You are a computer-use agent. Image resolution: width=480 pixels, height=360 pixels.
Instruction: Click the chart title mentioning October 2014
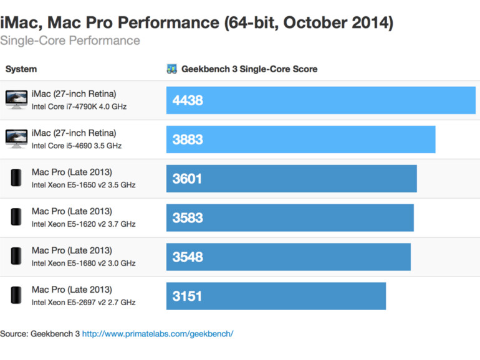point(196,23)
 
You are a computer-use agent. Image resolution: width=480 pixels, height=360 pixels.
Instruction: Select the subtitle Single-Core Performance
point(70,41)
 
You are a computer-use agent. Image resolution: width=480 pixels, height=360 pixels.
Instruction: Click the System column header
point(21,69)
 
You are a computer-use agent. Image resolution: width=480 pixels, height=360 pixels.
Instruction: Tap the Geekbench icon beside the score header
point(172,69)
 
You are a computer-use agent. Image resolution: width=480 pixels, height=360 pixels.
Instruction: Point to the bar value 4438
point(188,100)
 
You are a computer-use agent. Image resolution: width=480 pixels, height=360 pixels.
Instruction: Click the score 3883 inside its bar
point(188,140)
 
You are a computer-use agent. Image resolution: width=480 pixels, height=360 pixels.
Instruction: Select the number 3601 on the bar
point(188,179)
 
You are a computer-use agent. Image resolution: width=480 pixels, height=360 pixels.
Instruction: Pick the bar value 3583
point(188,218)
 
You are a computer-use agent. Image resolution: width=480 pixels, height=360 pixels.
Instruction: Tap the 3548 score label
point(188,257)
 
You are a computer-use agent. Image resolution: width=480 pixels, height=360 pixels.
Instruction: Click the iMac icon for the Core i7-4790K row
point(16,100)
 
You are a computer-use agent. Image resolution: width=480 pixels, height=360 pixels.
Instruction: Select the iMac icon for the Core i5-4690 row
point(16,139)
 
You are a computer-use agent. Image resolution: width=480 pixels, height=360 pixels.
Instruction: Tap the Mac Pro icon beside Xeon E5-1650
point(16,178)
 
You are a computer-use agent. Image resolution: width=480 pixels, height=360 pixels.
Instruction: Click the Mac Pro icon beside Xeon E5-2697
point(16,295)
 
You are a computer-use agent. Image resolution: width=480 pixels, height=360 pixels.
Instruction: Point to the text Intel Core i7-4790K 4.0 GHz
point(79,107)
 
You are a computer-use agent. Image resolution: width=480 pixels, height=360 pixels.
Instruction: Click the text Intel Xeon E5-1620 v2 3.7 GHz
point(84,224)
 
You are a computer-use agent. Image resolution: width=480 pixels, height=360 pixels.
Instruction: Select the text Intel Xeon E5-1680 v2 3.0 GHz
point(84,263)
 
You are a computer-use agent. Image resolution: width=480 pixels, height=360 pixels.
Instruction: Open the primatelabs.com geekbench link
point(158,334)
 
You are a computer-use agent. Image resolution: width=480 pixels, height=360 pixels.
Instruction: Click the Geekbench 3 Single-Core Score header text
point(249,69)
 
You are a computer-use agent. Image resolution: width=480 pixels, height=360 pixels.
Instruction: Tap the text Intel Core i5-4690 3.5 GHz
point(76,146)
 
